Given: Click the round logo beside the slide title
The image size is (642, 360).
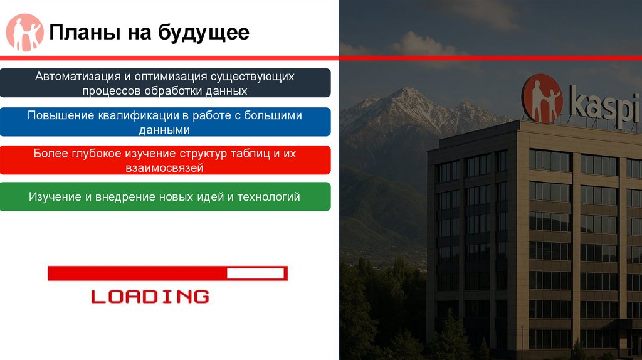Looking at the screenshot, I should [24, 32].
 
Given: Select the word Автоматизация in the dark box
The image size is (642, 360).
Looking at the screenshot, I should [78, 77].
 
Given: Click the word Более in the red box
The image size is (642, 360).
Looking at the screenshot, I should [48, 154].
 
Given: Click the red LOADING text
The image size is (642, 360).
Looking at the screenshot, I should [150, 296].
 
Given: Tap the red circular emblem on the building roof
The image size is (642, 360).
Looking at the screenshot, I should [542, 98].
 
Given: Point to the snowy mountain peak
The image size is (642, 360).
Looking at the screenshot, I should [408, 94].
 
